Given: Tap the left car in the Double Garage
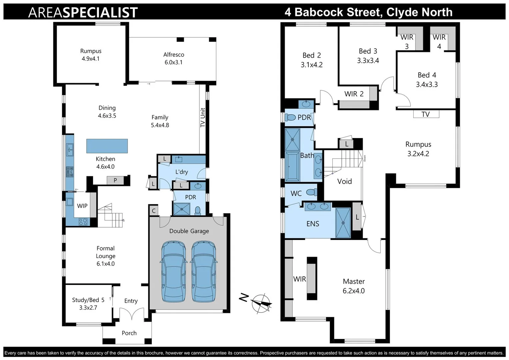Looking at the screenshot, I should point(174,272).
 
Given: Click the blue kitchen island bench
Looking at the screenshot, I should point(107,146).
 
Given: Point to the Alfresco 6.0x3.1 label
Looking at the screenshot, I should point(174,58).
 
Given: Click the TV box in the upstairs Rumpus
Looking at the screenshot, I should point(426,114).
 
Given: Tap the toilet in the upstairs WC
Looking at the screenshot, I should point(311,192).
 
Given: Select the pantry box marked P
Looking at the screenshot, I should point(115,180).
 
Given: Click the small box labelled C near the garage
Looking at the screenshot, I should point(154,211).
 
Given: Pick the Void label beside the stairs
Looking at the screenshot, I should point(344,181).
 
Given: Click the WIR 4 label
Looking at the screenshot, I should point(439,42).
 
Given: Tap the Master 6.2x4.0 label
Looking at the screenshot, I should point(354,286).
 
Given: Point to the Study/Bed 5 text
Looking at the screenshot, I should point(88,300).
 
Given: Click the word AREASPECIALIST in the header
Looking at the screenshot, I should point(83,12).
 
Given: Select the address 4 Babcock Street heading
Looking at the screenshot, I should point(368,12).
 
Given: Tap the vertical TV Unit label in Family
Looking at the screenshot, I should point(203,118).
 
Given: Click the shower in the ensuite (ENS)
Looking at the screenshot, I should point(343,223).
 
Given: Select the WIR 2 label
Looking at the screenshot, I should point(354,94).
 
